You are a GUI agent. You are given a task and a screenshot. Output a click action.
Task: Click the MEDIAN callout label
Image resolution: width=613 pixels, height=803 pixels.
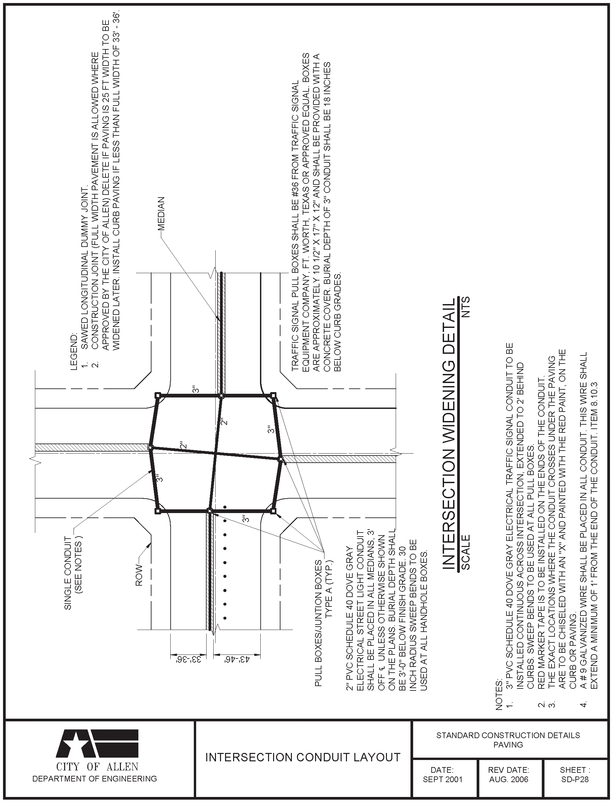(x=162, y=214)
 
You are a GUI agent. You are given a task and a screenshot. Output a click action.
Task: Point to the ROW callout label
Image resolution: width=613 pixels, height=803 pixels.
(x=140, y=575)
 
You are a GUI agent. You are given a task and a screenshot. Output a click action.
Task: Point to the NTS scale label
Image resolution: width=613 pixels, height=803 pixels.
(x=466, y=307)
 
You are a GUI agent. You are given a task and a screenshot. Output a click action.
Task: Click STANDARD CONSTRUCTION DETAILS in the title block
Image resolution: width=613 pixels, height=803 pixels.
(x=508, y=735)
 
